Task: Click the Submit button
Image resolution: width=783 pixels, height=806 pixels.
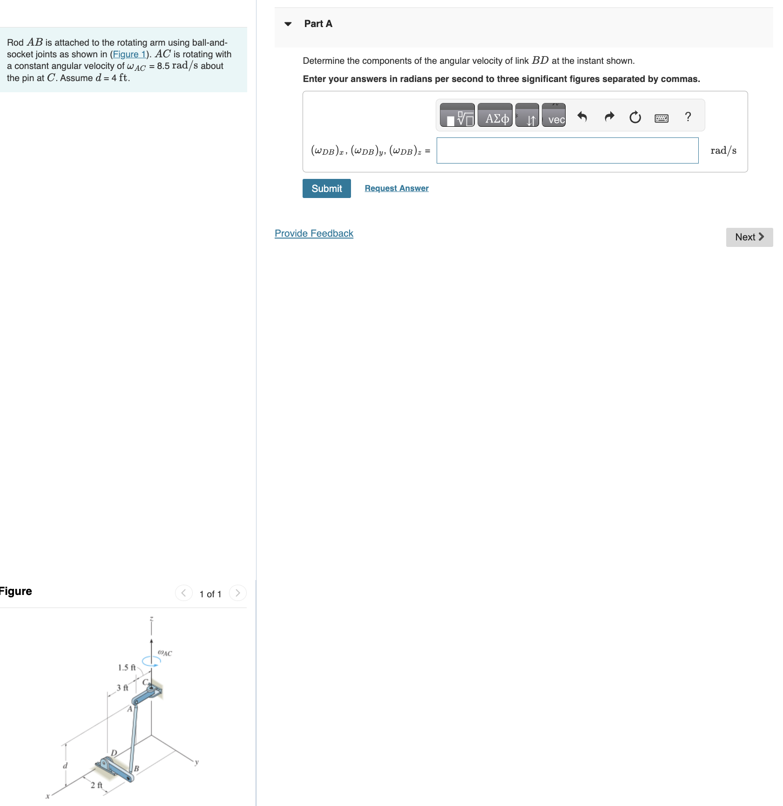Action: (326, 188)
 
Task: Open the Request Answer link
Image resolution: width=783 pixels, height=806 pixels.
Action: (397, 188)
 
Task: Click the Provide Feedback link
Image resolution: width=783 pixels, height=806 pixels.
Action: (314, 233)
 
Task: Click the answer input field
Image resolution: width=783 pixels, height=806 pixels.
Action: (567, 150)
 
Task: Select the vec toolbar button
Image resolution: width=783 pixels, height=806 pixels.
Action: (553, 115)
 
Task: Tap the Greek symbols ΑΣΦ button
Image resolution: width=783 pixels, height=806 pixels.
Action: (495, 115)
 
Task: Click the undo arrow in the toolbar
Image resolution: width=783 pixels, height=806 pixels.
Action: (582, 116)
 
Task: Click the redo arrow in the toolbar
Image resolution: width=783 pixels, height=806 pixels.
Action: (609, 116)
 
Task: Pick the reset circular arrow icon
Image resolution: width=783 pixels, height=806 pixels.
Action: (635, 117)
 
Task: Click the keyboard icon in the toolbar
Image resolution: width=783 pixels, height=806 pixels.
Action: (661, 118)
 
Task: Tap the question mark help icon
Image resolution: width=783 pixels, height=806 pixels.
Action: (688, 116)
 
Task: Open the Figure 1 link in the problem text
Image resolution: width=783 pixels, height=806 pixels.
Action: (129, 54)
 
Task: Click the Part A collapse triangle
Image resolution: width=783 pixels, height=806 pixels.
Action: (288, 24)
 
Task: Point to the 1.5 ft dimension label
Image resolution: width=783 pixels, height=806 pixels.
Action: (127, 668)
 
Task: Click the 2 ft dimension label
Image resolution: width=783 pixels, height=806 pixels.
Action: (96, 785)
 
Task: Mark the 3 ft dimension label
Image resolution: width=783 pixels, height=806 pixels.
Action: (122, 688)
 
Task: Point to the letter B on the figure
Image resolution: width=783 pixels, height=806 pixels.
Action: (136, 768)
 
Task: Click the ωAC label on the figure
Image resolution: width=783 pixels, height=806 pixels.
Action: (165, 653)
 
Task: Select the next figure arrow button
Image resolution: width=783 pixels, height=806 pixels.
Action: (238, 593)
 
